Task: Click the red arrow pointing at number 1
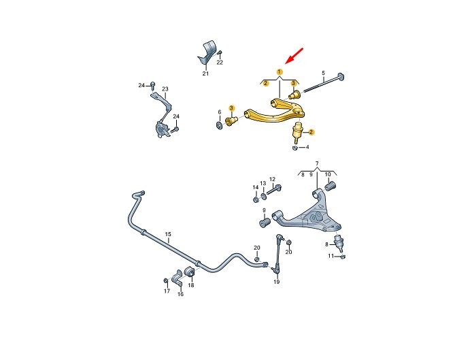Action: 294,56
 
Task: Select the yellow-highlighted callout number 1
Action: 279,71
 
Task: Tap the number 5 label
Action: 323,73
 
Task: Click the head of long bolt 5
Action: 341,77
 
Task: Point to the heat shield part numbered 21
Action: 207,53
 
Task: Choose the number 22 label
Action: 220,63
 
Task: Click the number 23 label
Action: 165,89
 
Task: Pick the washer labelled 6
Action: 220,125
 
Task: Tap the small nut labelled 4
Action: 294,148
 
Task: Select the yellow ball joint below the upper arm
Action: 297,133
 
